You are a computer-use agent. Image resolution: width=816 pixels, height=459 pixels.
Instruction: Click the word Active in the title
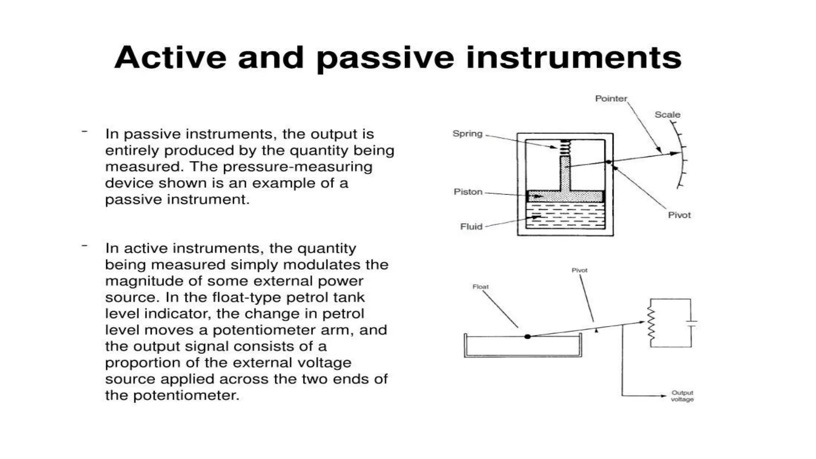click(x=170, y=58)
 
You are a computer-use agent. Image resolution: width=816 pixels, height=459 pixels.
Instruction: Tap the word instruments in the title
click(x=573, y=58)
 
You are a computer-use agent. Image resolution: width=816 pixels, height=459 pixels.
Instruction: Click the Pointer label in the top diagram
click(x=611, y=98)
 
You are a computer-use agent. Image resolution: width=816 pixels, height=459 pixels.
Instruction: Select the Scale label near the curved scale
click(x=667, y=115)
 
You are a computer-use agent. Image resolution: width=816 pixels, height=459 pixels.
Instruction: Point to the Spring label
click(x=467, y=133)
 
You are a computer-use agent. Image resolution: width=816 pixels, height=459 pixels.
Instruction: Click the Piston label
click(x=468, y=192)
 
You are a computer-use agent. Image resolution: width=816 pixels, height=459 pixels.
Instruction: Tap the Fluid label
click(x=471, y=226)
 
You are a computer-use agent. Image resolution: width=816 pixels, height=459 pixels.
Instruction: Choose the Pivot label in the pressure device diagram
click(x=679, y=215)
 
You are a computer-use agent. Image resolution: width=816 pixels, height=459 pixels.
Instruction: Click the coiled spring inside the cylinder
click(x=565, y=147)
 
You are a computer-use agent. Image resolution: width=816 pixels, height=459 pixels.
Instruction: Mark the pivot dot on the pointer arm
click(x=608, y=161)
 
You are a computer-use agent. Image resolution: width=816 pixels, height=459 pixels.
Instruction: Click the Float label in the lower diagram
click(x=480, y=286)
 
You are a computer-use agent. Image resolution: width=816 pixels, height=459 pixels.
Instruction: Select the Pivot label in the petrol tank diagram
click(x=579, y=270)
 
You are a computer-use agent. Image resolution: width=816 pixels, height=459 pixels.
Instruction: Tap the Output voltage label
click(x=682, y=396)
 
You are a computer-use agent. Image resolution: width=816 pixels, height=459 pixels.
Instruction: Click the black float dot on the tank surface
click(x=528, y=337)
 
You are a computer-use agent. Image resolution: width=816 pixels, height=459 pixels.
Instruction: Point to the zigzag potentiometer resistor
click(x=651, y=324)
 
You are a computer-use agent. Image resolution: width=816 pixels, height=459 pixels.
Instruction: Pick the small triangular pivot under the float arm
click(x=596, y=330)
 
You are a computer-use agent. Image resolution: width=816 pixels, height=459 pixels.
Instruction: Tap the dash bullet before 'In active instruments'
click(x=84, y=246)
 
